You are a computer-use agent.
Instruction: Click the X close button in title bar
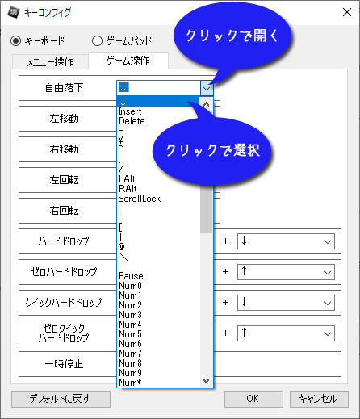coord(347,12)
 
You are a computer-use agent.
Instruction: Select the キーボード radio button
coord(16,41)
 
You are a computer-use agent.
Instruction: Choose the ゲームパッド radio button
coord(97,41)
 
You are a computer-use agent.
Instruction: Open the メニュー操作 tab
coord(50,61)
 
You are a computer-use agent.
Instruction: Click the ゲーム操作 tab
coord(128,61)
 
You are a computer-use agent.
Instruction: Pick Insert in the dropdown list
coord(130,111)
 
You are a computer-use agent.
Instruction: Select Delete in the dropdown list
coord(132,121)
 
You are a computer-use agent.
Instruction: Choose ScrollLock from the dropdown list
coord(140,199)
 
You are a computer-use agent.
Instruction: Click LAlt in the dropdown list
coord(127,179)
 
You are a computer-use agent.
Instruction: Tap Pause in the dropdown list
coord(131,276)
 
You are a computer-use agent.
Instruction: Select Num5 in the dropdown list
coord(130,334)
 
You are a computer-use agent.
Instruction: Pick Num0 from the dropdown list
coord(130,286)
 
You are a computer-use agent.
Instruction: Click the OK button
coord(253,399)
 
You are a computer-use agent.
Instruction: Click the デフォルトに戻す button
coord(61,399)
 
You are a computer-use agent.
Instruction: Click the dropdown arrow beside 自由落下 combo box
coord(207,88)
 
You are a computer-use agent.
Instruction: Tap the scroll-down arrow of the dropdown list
coord(207,381)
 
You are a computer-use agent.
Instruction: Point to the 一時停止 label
coord(64,364)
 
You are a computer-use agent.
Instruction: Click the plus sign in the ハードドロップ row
coord(225,241)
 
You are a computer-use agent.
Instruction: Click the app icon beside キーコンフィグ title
coord(14,12)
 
